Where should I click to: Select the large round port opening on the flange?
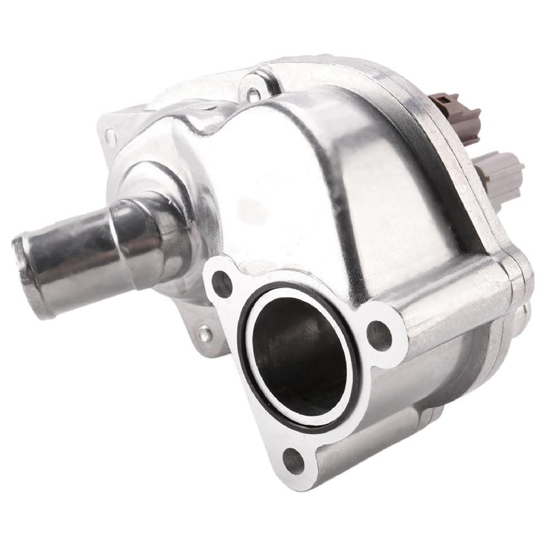300,354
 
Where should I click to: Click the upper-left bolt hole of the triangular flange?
221,283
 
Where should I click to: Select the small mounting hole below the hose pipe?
204,334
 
